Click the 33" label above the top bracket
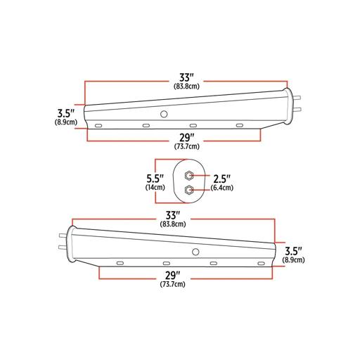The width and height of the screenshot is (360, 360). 187,77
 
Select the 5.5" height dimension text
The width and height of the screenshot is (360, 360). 155,179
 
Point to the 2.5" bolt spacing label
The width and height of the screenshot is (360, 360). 221,179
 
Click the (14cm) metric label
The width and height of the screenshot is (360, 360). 155,188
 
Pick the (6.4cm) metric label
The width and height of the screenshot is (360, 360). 222,188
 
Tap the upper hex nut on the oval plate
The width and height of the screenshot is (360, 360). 188,176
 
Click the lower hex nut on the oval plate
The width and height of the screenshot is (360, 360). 188,190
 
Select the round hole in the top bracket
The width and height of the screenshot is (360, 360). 164,115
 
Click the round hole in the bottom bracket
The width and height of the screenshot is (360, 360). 195,252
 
